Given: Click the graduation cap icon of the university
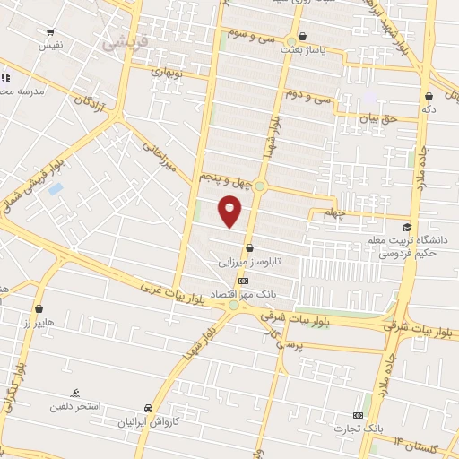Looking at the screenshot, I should click(x=408, y=227).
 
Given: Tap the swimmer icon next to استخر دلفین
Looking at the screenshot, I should click(x=75, y=393).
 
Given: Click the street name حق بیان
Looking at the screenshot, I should click(x=377, y=117).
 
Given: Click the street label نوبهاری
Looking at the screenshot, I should click(x=165, y=70).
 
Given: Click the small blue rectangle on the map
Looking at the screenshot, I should click(x=56, y=189).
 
